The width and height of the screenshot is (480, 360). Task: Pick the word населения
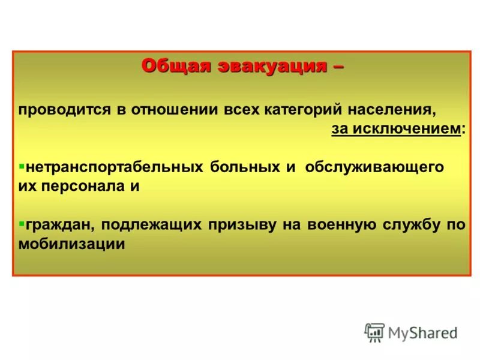(399, 110)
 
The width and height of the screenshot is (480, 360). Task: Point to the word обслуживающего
(374, 167)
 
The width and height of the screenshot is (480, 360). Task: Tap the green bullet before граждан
(22, 223)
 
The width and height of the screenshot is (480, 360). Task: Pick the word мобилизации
(71, 244)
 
